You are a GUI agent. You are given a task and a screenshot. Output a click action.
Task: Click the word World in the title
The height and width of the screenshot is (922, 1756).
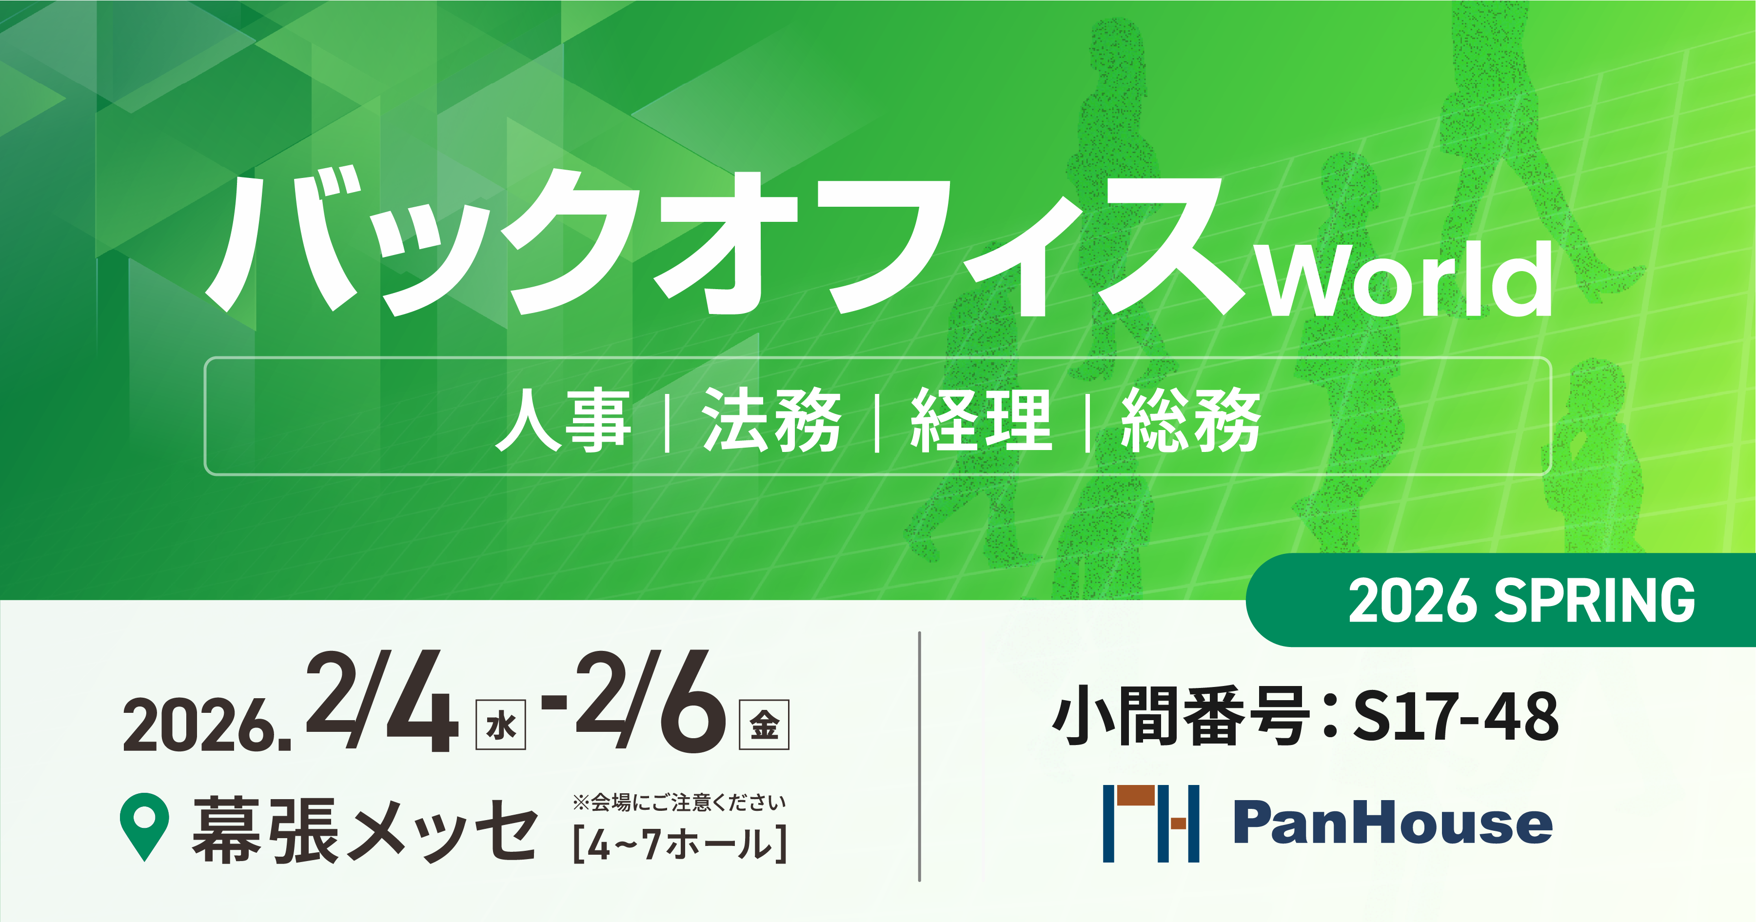(1404, 279)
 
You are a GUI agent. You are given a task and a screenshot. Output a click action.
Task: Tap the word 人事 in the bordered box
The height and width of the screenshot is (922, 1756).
(563, 419)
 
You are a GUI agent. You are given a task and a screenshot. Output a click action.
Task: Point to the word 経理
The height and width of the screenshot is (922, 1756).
(982, 419)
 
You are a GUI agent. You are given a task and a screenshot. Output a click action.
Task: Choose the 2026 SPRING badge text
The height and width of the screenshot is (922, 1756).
(1521, 600)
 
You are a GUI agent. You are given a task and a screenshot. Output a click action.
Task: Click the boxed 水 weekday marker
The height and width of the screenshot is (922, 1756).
(500, 725)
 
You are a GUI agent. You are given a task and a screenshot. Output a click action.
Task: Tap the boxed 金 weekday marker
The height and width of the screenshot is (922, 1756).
(764, 725)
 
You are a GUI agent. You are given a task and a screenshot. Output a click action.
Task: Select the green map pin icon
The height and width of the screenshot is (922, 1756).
(144, 826)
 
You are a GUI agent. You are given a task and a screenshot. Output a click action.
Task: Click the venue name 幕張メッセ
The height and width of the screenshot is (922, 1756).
(365, 830)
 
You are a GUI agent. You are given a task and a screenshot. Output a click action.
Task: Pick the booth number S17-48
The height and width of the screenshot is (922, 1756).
(1456, 716)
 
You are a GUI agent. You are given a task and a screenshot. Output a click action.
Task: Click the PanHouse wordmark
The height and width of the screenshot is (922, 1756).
(1393, 823)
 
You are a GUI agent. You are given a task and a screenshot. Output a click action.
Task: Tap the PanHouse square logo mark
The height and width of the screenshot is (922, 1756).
(1151, 823)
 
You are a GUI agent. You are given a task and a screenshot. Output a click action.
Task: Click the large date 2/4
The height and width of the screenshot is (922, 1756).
(382, 702)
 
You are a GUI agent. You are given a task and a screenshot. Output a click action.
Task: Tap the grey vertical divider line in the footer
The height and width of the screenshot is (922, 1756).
(920, 756)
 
